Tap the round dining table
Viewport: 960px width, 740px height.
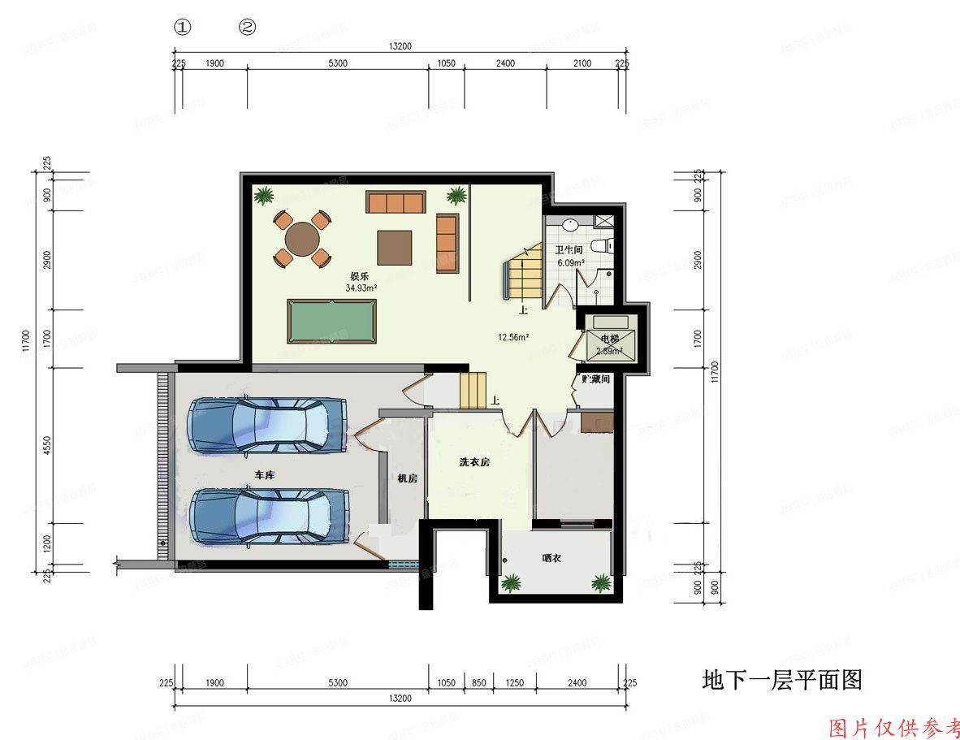pos(301,239)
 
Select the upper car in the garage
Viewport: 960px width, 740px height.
pos(267,424)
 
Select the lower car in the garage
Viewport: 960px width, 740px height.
pos(269,516)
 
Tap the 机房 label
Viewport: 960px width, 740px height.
pos(406,478)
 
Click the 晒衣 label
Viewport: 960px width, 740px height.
pos(552,558)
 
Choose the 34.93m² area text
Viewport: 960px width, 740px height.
pos(361,288)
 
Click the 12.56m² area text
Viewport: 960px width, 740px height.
pos(513,337)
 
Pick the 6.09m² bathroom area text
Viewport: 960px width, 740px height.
pos(570,262)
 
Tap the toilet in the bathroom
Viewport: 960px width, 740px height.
pos(600,246)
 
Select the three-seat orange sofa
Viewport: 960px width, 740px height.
pos(396,201)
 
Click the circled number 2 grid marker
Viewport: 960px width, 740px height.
pos(247,27)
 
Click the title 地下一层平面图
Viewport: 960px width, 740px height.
pos(781,680)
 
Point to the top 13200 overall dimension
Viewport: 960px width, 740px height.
pos(400,46)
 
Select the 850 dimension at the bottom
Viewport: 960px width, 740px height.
pos(478,683)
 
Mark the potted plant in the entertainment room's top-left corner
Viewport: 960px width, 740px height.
pos(263,196)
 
